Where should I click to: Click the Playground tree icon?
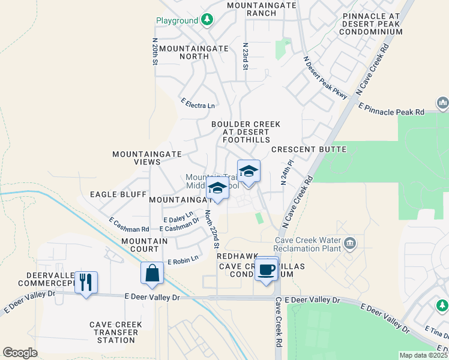[x=207, y=20]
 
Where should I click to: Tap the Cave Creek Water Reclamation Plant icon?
[x=351, y=244]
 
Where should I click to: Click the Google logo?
[x=20, y=352]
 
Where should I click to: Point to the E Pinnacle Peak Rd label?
[x=391, y=108]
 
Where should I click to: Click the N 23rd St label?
[x=246, y=56]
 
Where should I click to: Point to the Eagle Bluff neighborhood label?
[x=118, y=194]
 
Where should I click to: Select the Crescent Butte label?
[x=309, y=149]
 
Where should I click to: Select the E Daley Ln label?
[x=178, y=217]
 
